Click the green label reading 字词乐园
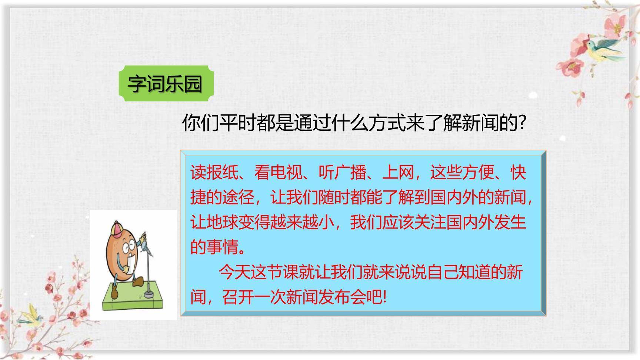pyautogui.click(x=166, y=84)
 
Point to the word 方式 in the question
pyautogui.click(x=387, y=123)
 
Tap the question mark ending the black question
pyautogui.click(x=522, y=123)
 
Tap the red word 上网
pyautogui.click(x=398, y=173)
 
